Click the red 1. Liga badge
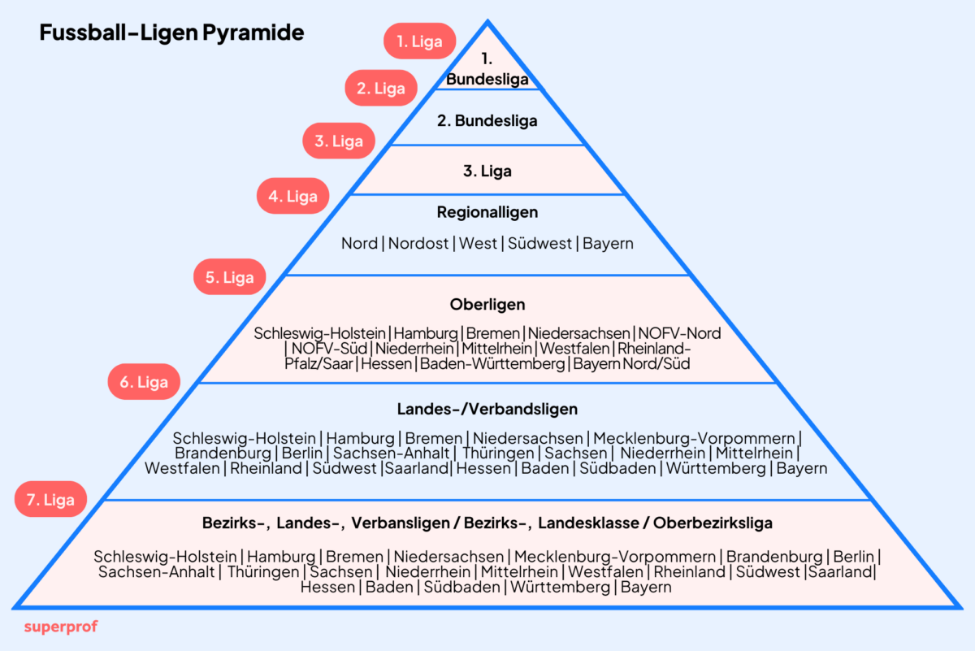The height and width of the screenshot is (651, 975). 419,41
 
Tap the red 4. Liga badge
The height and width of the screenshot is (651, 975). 293,196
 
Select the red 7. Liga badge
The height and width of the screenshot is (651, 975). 50,500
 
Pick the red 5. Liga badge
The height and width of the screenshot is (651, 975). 229,277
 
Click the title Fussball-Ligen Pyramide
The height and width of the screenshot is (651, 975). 171,33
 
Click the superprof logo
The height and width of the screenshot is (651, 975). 61,627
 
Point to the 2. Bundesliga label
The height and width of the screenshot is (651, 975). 487,121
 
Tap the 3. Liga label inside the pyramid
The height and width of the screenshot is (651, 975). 487,171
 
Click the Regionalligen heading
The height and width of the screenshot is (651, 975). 487,212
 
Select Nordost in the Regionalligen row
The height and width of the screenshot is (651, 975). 418,243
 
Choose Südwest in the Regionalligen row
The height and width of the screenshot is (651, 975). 540,243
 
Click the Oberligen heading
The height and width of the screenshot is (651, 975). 487,305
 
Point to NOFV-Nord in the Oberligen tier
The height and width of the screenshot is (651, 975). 680,333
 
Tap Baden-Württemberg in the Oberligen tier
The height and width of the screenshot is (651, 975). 492,364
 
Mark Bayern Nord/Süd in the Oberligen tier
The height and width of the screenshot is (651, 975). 631,364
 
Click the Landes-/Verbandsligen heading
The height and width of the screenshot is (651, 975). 487,409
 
